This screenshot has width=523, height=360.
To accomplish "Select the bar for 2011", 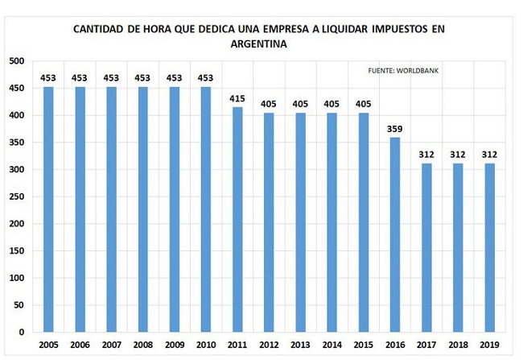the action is pos(237,219).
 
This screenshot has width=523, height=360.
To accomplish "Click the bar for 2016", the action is pos(395,235).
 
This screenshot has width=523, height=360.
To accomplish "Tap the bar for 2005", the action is pos(48,209).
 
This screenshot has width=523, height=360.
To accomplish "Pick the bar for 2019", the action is pos(490,247).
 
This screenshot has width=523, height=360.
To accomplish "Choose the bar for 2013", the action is pos(301,222).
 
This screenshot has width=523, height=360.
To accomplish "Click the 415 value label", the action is pos(237,99).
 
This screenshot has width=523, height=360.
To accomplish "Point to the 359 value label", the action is pos(394,129).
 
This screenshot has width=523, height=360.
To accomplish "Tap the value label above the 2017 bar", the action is pos(426,155).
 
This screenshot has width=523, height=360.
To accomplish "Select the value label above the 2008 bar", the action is pos(142,78).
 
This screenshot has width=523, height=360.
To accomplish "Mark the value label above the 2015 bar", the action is pos(363,104).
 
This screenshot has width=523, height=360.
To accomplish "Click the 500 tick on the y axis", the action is pos(17,61).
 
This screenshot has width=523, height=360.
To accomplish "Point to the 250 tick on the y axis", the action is pos(17,197).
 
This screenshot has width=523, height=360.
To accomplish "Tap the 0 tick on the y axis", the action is pos(22,333).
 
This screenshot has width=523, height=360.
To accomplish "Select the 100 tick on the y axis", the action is pos(17,278).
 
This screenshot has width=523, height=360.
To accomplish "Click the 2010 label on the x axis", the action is pos(206,345).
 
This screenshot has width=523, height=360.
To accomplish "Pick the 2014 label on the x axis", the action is pos(332,345).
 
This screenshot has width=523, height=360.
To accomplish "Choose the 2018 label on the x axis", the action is pos(458,345).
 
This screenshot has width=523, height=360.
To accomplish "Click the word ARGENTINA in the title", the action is pos(259,44).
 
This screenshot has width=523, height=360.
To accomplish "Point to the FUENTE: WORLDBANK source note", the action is pos(403,71).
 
